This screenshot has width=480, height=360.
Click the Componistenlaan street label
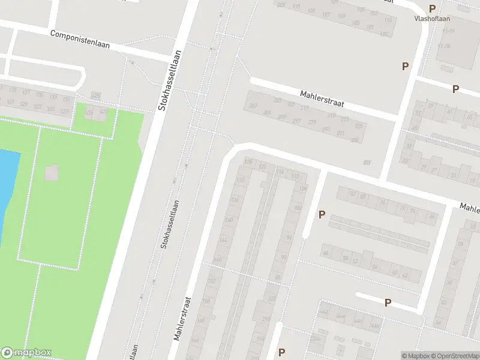[80, 40]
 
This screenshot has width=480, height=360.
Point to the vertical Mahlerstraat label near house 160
[182, 319]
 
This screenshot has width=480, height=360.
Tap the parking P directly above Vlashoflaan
[432, 8]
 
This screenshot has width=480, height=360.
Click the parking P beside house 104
[322, 214]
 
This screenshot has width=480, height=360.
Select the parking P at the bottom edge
[281, 352]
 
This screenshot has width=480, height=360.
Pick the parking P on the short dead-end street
[388, 303]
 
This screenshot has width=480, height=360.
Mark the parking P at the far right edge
[455, 89]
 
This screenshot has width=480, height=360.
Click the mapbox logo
[26, 353]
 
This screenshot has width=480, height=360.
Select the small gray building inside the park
[52, 173]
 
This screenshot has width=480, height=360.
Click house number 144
[223, 240]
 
